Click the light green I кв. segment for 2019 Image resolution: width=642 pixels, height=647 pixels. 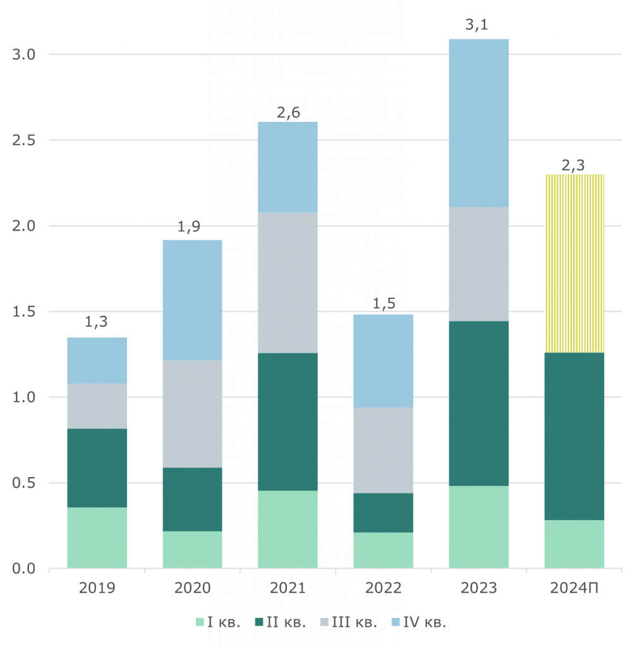pyautogui.click(x=97, y=537)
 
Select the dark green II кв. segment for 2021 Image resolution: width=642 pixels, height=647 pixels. pyautogui.click(x=288, y=421)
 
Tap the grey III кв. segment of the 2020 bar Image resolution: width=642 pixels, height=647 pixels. pyautogui.click(x=193, y=414)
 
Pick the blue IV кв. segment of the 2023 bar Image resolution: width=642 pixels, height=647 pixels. pyautogui.click(x=479, y=123)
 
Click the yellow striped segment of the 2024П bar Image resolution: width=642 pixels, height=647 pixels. pyautogui.click(x=574, y=263)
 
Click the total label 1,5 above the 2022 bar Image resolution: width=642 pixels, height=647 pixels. pyautogui.click(x=384, y=303)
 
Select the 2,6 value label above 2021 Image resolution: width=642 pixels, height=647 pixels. pyautogui.click(x=289, y=112)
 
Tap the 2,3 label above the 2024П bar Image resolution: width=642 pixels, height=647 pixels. pyautogui.click(x=573, y=166)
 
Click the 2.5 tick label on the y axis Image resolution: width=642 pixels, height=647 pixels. pyautogui.click(x=25, y=140)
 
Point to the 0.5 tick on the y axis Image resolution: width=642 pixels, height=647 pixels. pyautogui.click(x=25, y=483)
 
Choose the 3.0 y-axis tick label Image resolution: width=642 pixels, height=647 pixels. pyautogui.click(x=25, y=55)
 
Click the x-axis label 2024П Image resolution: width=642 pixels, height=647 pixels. pyautogui.click(x=574, y=588)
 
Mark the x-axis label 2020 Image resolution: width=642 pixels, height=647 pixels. pyautogui.click(x=193, y=588)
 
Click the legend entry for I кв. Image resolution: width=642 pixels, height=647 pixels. pyautogui.click(x=218, y=622)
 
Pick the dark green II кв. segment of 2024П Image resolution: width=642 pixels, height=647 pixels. pyautogui.click(x=574, y=436)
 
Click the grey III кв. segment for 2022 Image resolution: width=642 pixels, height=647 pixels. pyautogui.click(x=384, y=450)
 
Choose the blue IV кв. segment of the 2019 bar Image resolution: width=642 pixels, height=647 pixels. pyautogui.click(x=97, y=360)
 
